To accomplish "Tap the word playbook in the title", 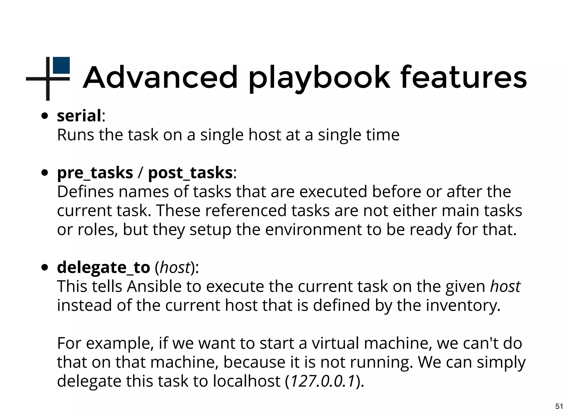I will tap(319, 78).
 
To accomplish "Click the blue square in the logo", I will tap(61, 65).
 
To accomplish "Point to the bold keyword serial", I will tap(79, 116).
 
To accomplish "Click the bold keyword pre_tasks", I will tap(95, 173).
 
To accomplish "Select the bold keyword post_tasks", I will tap(190, 173).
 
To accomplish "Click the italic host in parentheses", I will tap(175, 268).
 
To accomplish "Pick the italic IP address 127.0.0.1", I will tap(323, 381).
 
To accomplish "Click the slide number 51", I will tap(559, 406).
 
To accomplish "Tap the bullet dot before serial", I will tap(45, 116).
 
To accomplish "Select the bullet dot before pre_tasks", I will tap(45, 173).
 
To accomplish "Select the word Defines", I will tap(85, 192).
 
